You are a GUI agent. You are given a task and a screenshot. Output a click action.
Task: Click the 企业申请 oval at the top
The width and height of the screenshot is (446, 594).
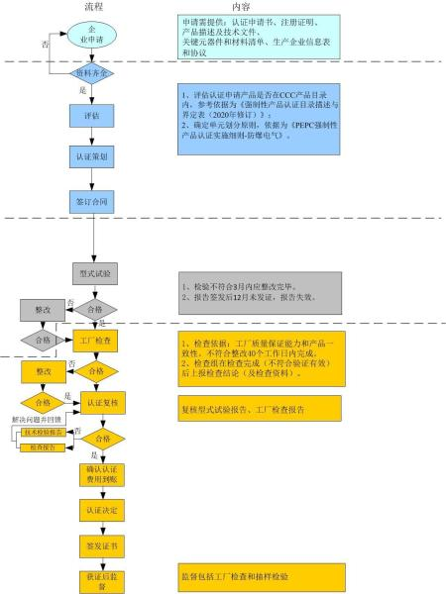pyautogui.click(x=94, y=36)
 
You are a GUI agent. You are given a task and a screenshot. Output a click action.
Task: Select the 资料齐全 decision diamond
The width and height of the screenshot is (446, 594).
pyautogui.click(x=94, y=74)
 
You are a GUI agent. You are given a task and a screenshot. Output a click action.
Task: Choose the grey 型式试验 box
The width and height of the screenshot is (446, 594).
pyautogui.click(x=95, y=270)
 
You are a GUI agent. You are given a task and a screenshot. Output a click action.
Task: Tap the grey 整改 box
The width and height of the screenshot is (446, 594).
pyautogui.click(x=43, y=309)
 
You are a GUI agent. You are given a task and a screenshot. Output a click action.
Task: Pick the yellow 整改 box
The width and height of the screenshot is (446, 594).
pyautogui.click(x=43, y=370)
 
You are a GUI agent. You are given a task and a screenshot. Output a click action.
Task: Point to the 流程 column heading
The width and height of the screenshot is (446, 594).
pyautogui.click(x=95, y=7)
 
